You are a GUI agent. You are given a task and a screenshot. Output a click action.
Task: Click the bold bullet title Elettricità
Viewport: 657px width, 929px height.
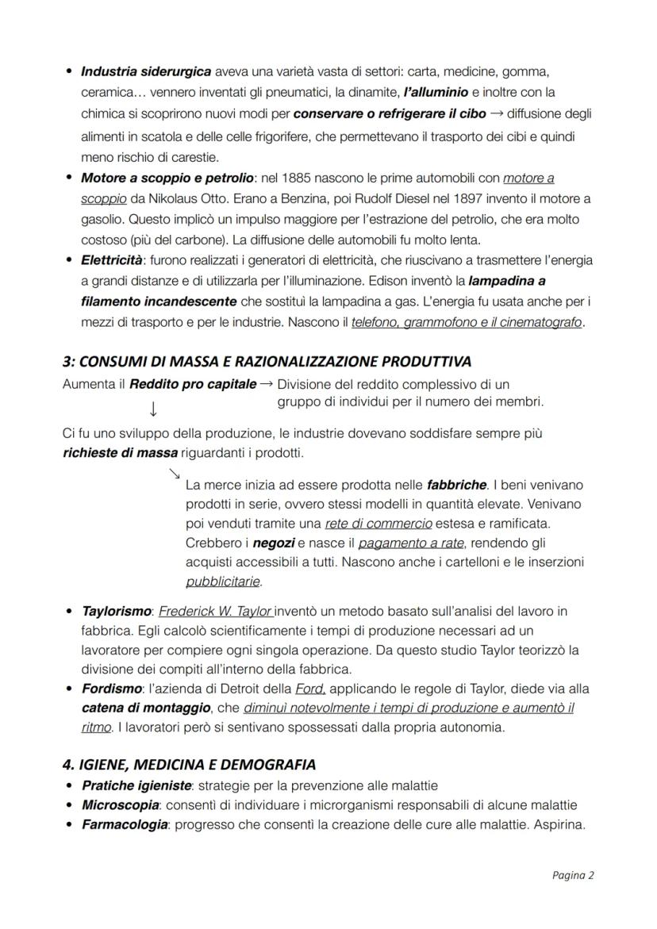pyautogui.click(x=112, y=260)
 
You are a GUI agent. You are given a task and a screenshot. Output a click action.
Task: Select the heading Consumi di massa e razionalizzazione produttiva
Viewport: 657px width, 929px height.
pyautogui.click(x=267, y=362)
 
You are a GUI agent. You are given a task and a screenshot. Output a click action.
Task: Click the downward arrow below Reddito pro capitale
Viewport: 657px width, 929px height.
pyautogui.click(x=152, y=409)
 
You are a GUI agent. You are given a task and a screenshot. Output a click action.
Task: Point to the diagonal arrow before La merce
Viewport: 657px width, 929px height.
pyautogui.click(x=174, y=474)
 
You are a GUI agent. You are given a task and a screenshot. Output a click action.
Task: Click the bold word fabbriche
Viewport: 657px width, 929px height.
pyautogui.click(x=455, y=485)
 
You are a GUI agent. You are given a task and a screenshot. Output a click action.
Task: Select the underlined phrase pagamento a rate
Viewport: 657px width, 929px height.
pyautogui.click(x=408, y=543)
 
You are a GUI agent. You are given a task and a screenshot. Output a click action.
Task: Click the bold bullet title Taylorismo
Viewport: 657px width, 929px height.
pyautogui.click(x=117, y=612)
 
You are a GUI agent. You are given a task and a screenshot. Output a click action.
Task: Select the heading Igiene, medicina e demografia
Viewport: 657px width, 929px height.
pyautogui.click(x=189, y=765)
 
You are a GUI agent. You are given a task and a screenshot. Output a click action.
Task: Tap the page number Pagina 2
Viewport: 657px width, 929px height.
pyautogui.click(x=573, y=876)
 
